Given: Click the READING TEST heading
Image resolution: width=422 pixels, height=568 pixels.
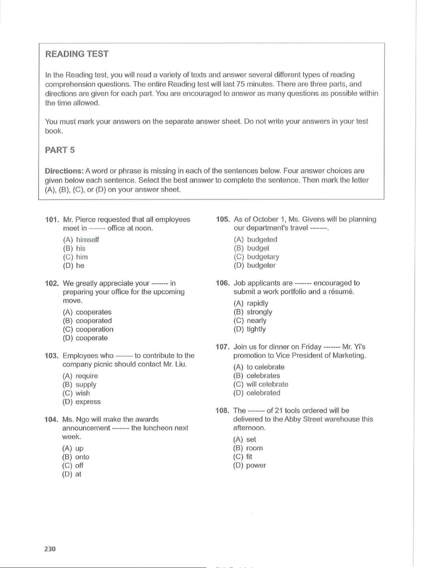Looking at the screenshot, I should coord(77,54).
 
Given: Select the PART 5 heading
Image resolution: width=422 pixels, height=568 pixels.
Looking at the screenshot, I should coord(60,150).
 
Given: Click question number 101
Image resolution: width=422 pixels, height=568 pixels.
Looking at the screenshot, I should coord(51,219).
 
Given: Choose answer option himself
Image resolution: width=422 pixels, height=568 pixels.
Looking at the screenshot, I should coord(87,240).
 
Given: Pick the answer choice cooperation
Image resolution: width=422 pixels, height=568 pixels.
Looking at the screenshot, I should coord(94,329).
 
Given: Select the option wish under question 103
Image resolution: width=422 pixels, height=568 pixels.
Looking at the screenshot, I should coord(83,393).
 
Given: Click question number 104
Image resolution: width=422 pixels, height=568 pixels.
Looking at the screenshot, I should coord(51,419).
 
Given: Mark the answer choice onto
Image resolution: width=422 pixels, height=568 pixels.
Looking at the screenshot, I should coord(82,457).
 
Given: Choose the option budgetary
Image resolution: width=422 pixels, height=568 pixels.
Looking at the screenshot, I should coord(263,257).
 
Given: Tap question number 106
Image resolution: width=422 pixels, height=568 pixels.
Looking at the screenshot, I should coord(222,283).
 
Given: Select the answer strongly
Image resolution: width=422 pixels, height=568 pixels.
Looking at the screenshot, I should coord(259,312).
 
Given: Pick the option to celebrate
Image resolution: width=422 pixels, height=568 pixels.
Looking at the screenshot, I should coord(265,367).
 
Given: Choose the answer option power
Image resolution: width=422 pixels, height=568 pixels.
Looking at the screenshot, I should coord(256,465).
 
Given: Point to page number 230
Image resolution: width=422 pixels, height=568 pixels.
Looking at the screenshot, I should coord(50,549).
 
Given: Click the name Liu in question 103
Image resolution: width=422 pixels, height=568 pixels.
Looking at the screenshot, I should coord(181,364).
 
